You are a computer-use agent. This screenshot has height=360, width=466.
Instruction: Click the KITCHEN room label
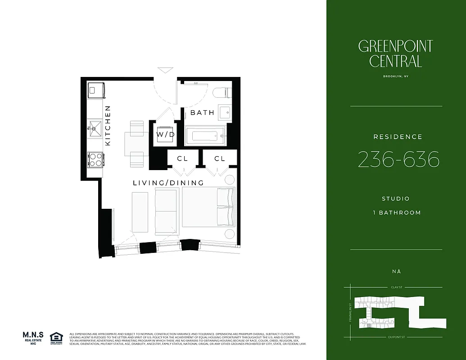[x=108, y=126]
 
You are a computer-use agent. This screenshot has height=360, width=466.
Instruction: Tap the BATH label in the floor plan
[x=202, y=112]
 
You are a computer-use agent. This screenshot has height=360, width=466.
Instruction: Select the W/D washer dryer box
[x=165, y=135]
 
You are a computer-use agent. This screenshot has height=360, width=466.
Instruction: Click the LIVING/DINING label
[x=168, y=183]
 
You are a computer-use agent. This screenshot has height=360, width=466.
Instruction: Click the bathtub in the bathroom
[x=205, y=135]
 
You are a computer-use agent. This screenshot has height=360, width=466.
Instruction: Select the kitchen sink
[x=95, y=128]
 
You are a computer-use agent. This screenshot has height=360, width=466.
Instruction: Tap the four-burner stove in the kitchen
[x=95, y=159]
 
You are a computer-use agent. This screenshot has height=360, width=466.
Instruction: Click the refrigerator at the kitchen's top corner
[x=96, y=90]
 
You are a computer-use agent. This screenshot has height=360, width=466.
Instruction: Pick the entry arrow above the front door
[x=165, y=70]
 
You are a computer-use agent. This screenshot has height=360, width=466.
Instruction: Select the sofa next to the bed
[x=166, y=211]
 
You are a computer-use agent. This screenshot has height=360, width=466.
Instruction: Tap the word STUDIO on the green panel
[x=395, y=198]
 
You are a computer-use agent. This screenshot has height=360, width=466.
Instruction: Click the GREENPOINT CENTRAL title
[x=395, y=54]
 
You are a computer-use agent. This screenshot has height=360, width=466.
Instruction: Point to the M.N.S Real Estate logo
[x=34, y=337]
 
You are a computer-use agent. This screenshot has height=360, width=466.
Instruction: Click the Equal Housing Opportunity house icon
[x=56, y=337]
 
